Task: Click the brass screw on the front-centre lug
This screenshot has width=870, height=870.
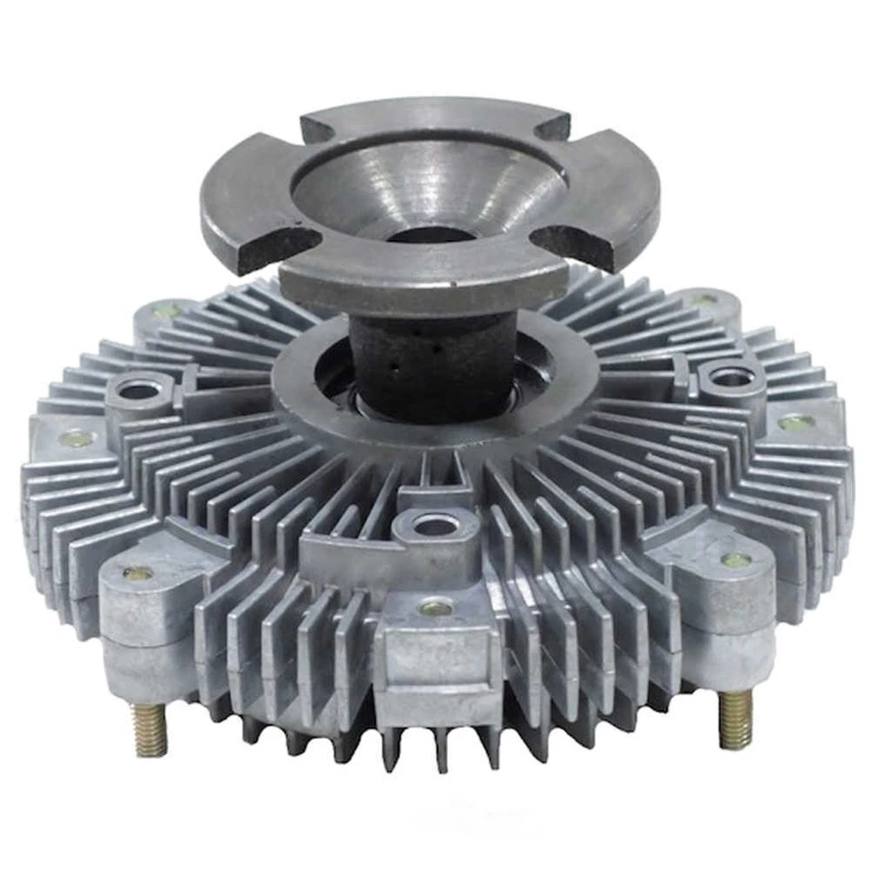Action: (x=436, y=608)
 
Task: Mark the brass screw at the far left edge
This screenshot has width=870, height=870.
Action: (x=72, y=439)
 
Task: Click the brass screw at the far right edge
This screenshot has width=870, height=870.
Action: (x=796, y=421)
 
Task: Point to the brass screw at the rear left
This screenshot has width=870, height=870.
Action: (x=160, y=311)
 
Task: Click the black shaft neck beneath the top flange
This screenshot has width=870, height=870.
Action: (x=410, y=362)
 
